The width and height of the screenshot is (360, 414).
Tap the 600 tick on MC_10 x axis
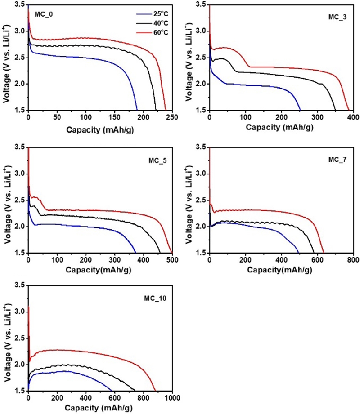pyautogui.click(x=114, y=398)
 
